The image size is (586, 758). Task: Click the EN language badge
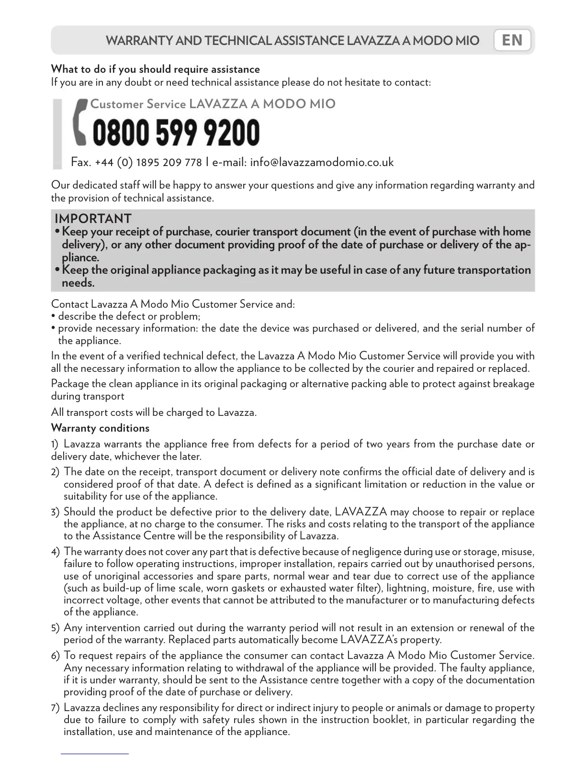[x=512, y=40]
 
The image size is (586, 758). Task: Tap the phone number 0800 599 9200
[x=176, y=133]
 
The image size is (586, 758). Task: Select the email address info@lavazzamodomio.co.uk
[x=322, y=162]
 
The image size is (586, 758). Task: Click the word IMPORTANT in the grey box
[x=93, y=219]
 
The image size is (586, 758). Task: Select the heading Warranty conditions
[x=100, y=428]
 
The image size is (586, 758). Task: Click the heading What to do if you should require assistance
[x=155, y=69]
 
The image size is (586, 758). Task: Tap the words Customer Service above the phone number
[x=138, y=104]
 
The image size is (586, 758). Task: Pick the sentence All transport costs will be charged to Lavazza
[x=154, y=412]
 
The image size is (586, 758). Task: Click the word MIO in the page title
[x=467, y=41]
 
